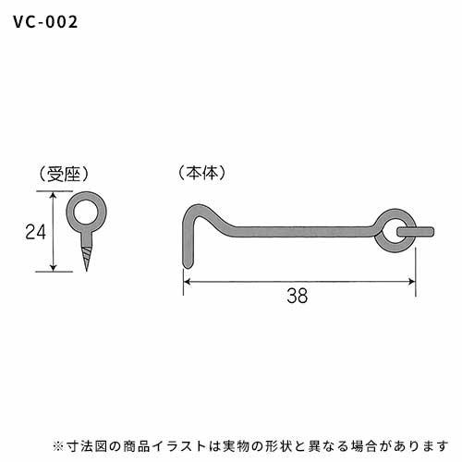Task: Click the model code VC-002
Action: [x=45, y=22]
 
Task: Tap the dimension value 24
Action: [x=36, y=232]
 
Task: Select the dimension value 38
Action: [x=298, y=296]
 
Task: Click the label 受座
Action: [x=64, y=175]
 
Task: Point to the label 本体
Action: [x=202, y=173]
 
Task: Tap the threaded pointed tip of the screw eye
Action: [x=87, y=259]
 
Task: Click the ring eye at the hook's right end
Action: [x=395, y=213]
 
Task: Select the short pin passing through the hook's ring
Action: [x=416, y=232]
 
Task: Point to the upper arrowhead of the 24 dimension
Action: [x=54, y=195]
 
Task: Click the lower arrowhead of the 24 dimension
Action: [x=54, y=268]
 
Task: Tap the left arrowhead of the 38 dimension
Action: [x=188, y=282]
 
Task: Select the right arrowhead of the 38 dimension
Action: [x=411, y=282]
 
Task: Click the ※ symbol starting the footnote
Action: [x=57, y=446]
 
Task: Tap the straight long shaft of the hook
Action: [x=303, y=232]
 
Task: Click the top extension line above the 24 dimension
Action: [x=55, y=191]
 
